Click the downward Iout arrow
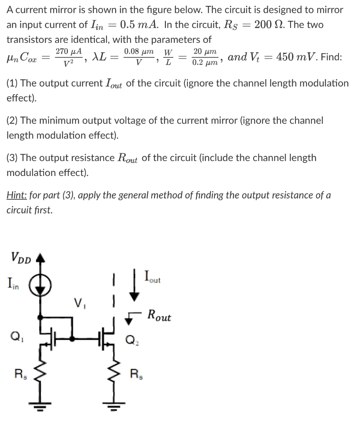click(134, 287)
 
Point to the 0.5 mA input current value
click(139, 24)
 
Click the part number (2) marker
click(12, 121)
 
